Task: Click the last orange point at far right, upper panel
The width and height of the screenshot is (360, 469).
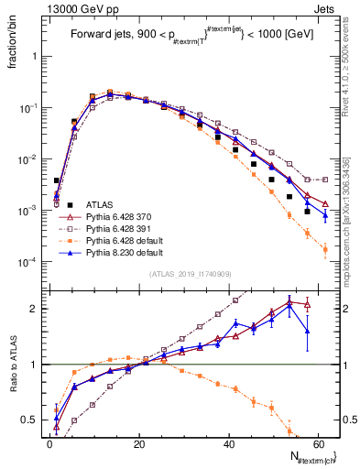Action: tap(325, 248)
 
